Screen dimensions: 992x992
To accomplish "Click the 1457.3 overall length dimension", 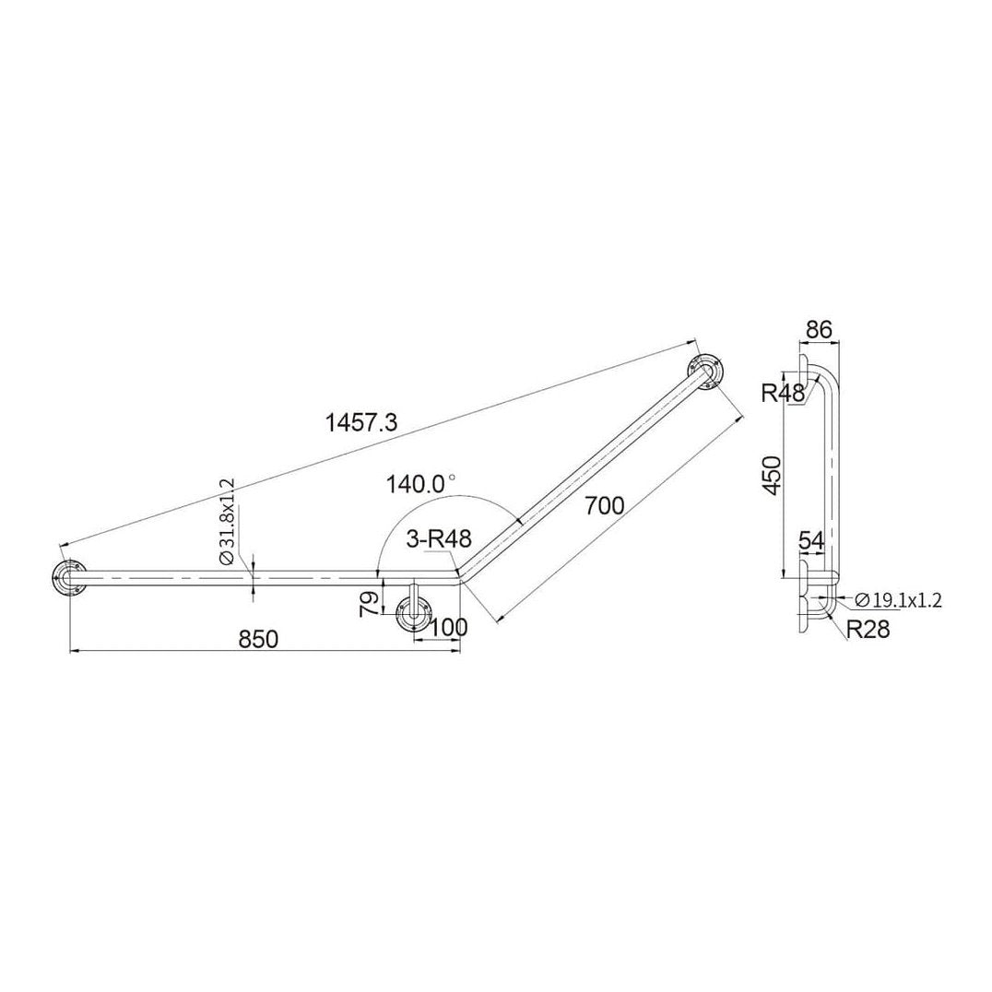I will pos(361,422).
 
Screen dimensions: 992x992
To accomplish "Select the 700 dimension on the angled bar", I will pos(605,504).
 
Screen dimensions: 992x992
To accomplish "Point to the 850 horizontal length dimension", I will pos(258,639).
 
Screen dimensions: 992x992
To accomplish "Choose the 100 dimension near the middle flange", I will pos(449,627).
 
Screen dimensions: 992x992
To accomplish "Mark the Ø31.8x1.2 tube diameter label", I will pos(228,522).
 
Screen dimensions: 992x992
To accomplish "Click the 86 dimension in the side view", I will pos(819,328).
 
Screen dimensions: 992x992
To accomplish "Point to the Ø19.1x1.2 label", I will pos(897,600).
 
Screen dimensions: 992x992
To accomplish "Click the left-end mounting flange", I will pos(67,579).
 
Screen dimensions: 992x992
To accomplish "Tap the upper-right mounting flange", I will pos(705,373).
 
